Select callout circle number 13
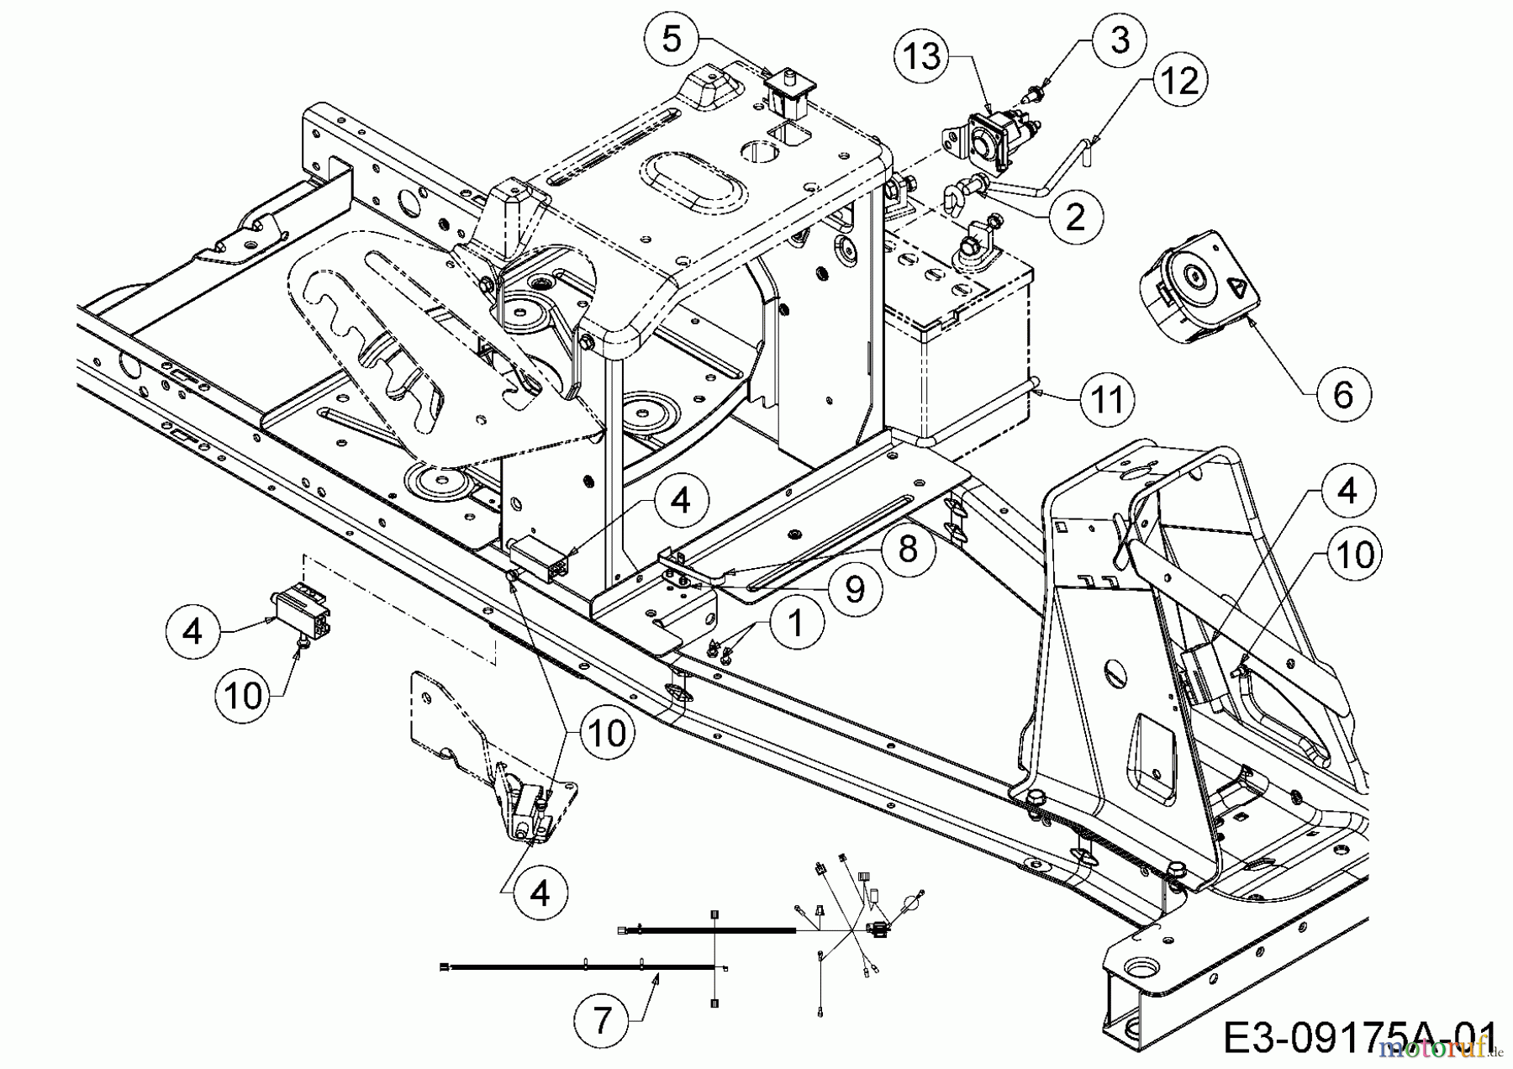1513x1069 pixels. coord(922,57)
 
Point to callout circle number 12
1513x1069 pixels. coord(1179,81)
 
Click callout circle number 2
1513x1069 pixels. coord(1074,216)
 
